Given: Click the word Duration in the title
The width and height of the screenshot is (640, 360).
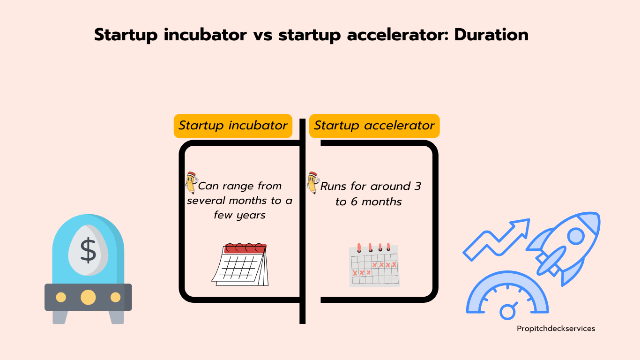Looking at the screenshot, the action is click(491, 35).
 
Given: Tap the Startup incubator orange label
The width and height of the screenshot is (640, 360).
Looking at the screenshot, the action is click(233, 126).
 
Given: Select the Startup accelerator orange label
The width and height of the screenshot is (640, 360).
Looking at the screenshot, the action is click(374, 126).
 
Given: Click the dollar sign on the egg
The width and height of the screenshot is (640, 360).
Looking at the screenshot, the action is click(88, 250).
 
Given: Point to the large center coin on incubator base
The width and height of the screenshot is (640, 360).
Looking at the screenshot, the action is click(88, 297).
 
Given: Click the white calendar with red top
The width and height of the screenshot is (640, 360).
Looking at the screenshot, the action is click(240, 264).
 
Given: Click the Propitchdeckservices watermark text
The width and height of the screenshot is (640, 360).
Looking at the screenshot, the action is click(556, 329).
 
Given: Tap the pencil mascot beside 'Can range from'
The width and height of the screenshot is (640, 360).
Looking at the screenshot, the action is click(192, 183).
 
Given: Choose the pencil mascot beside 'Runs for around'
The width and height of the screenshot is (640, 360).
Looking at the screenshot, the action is click(313, 183).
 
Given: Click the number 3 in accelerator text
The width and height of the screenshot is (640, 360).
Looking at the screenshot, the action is click(417, 186).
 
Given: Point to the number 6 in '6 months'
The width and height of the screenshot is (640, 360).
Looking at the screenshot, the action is click(354, 202).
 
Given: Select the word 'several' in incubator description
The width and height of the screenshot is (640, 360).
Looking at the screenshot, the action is click(206, 201).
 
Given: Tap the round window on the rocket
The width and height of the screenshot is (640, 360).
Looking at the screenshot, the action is click(576, 236).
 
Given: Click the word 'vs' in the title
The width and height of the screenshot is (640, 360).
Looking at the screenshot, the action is click(263, 36).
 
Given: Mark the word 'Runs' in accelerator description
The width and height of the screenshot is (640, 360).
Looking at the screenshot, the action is click(333, 186).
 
